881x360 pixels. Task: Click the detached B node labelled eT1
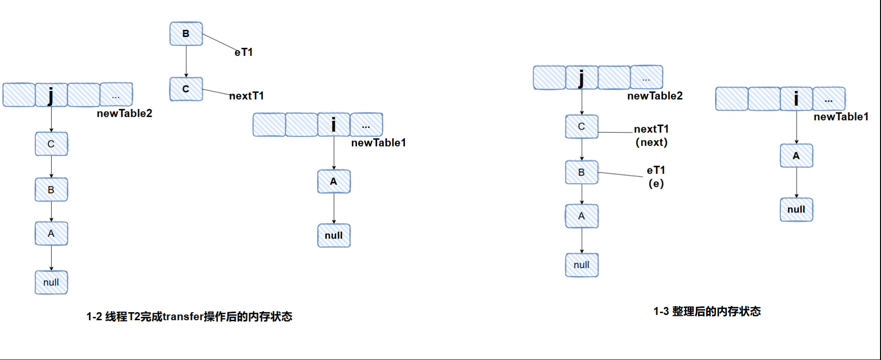tap(186, 34)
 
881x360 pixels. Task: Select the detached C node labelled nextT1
tap(186, 89)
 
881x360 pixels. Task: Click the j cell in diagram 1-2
tap(51, 95)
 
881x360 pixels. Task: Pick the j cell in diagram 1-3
tap(582, 78)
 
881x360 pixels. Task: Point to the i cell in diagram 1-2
tap(334, 125)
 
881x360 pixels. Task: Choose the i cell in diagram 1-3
tap(797, 99)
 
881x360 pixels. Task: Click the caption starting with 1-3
tap(707, 312)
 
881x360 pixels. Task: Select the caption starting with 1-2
tap(189, 317)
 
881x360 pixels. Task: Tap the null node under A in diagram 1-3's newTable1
tap(797, 210)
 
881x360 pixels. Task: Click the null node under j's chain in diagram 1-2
tap(51, 283)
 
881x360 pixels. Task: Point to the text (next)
tap(652, 142)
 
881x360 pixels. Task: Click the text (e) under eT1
tap(656, 184)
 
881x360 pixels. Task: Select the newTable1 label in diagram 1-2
tap(378, 143)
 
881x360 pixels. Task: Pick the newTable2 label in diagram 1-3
tap(655, 96)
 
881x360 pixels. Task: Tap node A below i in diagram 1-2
tap(334, 182)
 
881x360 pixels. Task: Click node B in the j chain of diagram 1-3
tap(582, 173)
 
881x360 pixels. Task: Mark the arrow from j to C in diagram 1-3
tap(582, 102)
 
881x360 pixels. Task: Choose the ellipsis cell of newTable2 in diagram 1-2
tap(116, 95)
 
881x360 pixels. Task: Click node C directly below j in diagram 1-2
tap(51, 144)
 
